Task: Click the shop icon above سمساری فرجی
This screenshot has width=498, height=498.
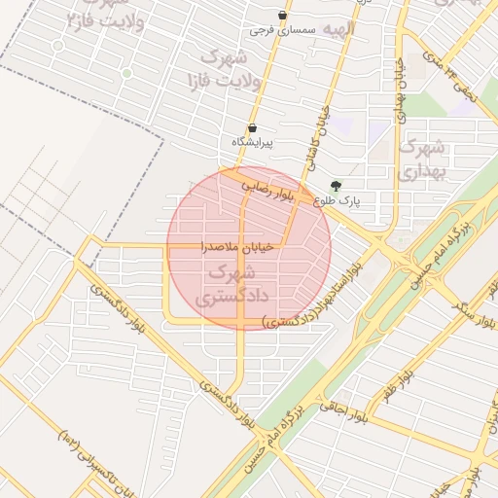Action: click(282, 16)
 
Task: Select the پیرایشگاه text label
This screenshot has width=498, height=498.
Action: click(252, 143)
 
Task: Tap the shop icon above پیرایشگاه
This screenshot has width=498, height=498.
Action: click(253, 127)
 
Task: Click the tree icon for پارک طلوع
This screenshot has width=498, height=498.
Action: click(337, 185)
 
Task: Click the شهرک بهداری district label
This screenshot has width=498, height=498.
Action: click(421, 160)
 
